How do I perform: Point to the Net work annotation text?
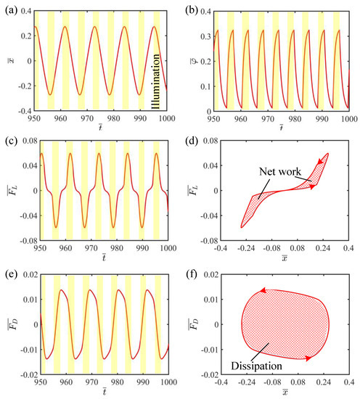tap(274, 171)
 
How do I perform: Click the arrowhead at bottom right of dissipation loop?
tap(310, 358)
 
